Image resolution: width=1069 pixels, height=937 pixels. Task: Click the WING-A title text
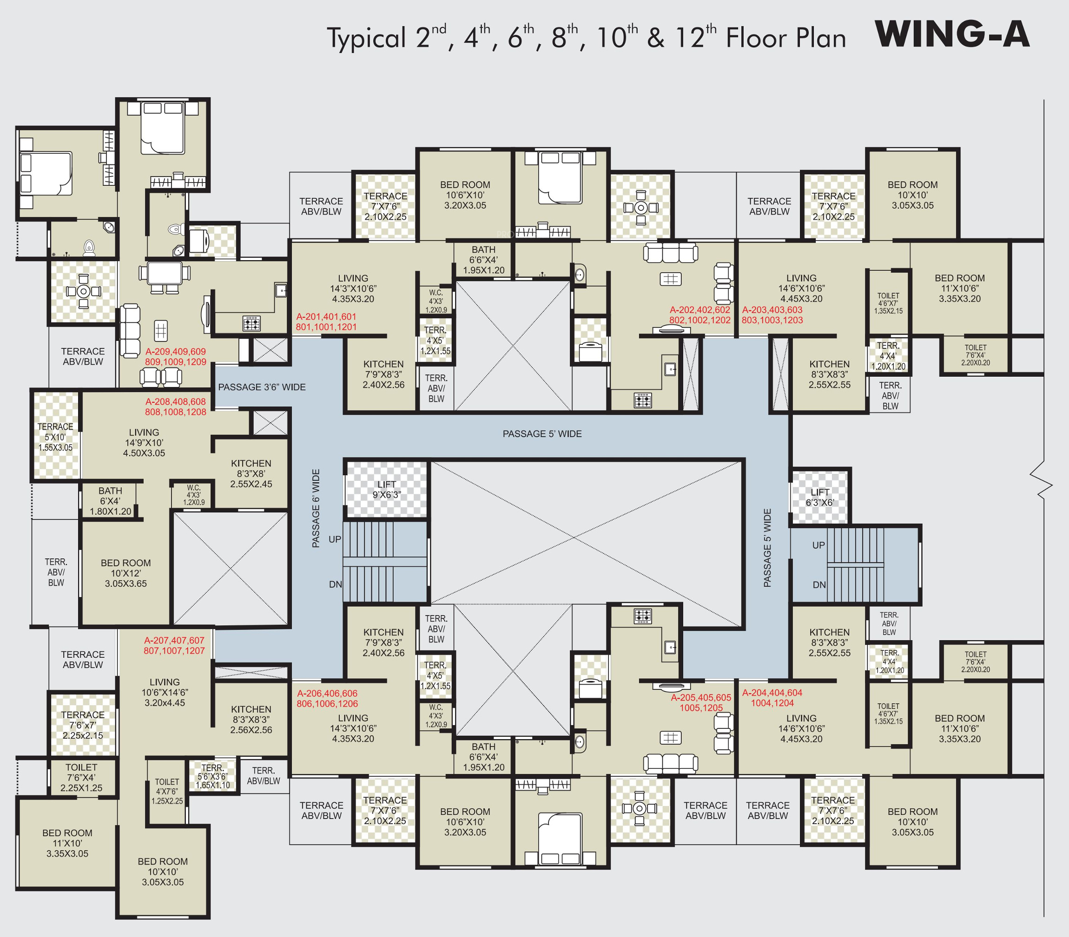tap(952, 34)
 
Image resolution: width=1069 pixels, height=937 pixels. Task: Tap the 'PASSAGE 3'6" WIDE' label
tap(262, 387)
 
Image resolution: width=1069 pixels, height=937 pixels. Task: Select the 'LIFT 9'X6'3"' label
tap(387, 490)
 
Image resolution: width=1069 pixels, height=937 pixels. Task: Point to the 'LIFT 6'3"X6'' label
tap(819, 497)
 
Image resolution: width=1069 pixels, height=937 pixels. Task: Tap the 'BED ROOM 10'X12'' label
tap(125, 573)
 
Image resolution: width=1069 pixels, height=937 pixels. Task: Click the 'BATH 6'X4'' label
tap(110, 501)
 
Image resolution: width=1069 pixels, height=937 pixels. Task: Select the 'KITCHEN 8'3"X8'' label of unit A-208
tap(251, 473)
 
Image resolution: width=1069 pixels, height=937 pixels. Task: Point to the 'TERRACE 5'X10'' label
tap(55, 437)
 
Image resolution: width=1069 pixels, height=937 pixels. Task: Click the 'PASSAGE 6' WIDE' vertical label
tap(316, 508)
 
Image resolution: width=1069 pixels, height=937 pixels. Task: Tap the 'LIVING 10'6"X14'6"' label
tap(165, 692)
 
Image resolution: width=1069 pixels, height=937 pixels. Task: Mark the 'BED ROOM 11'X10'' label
tap(67, 843)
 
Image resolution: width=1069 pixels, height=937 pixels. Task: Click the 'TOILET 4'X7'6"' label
tap(167, 791)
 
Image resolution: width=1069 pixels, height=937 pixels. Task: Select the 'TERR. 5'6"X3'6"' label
tap(213, 776)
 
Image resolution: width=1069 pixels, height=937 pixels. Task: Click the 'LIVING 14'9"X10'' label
tap(144, 442)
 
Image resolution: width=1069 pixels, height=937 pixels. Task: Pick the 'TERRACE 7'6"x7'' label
tap(83, 725)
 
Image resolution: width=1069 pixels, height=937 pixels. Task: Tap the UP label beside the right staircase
tap(818, 545)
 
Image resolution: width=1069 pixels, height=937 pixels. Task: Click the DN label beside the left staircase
tap(335, 584)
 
